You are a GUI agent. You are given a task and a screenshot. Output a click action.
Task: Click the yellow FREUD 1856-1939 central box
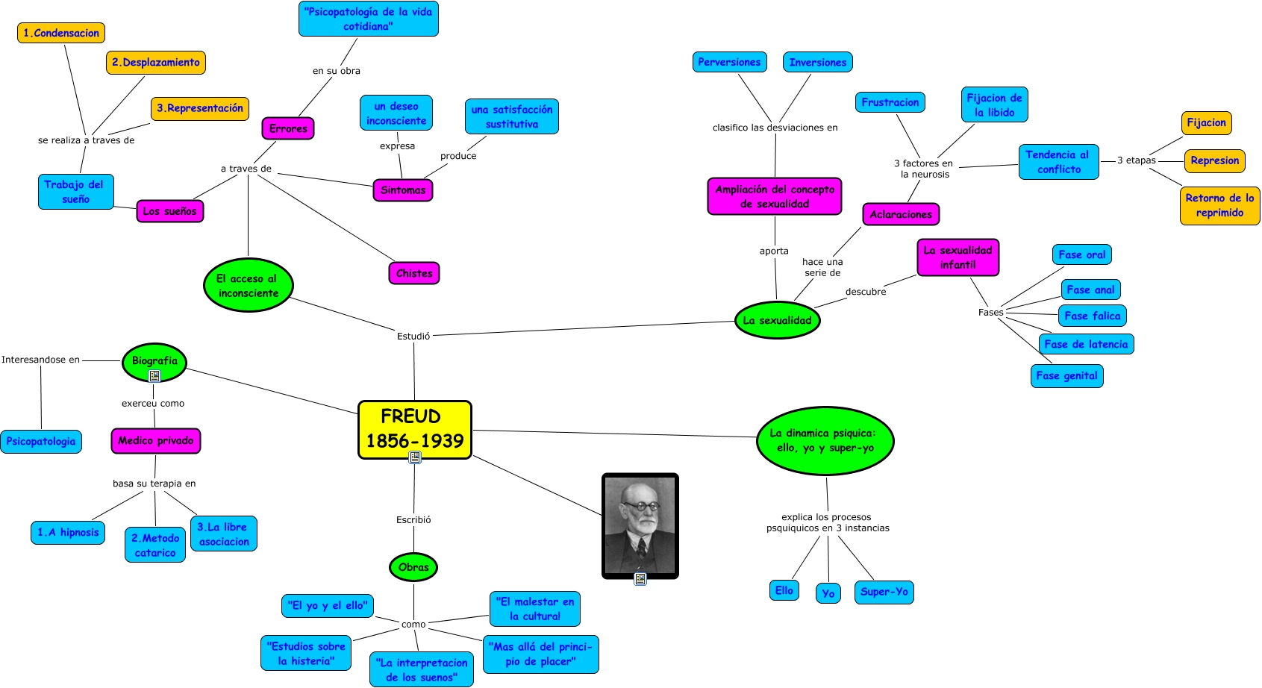414,428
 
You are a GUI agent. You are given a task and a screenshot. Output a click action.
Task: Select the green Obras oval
413,567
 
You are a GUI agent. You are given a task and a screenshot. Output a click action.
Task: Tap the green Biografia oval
154,361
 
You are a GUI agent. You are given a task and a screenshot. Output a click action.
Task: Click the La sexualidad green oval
777,320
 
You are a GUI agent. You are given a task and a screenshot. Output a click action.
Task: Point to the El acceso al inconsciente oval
248,285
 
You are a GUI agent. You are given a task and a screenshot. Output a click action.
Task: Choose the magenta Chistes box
414,273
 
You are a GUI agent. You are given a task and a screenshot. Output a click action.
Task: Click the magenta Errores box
288,128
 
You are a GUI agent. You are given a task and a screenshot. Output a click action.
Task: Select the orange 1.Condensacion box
61,33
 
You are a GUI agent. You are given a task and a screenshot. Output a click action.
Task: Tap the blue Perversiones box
729,62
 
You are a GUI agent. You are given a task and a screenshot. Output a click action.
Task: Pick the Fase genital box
1066,375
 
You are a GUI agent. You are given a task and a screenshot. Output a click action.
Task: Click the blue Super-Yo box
884,592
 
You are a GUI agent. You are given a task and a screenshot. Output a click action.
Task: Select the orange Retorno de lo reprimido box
1219,205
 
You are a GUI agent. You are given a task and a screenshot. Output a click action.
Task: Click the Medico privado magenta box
155,440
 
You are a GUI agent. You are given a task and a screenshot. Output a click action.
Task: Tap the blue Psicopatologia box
41,441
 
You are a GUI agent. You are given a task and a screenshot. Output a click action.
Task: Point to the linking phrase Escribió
413,519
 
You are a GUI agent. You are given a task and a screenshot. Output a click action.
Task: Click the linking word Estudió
413,336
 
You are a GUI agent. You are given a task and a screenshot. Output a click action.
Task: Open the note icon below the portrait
640,578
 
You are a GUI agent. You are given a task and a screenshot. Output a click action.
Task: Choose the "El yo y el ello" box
327,605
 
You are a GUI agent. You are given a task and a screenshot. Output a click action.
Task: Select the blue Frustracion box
890,102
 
